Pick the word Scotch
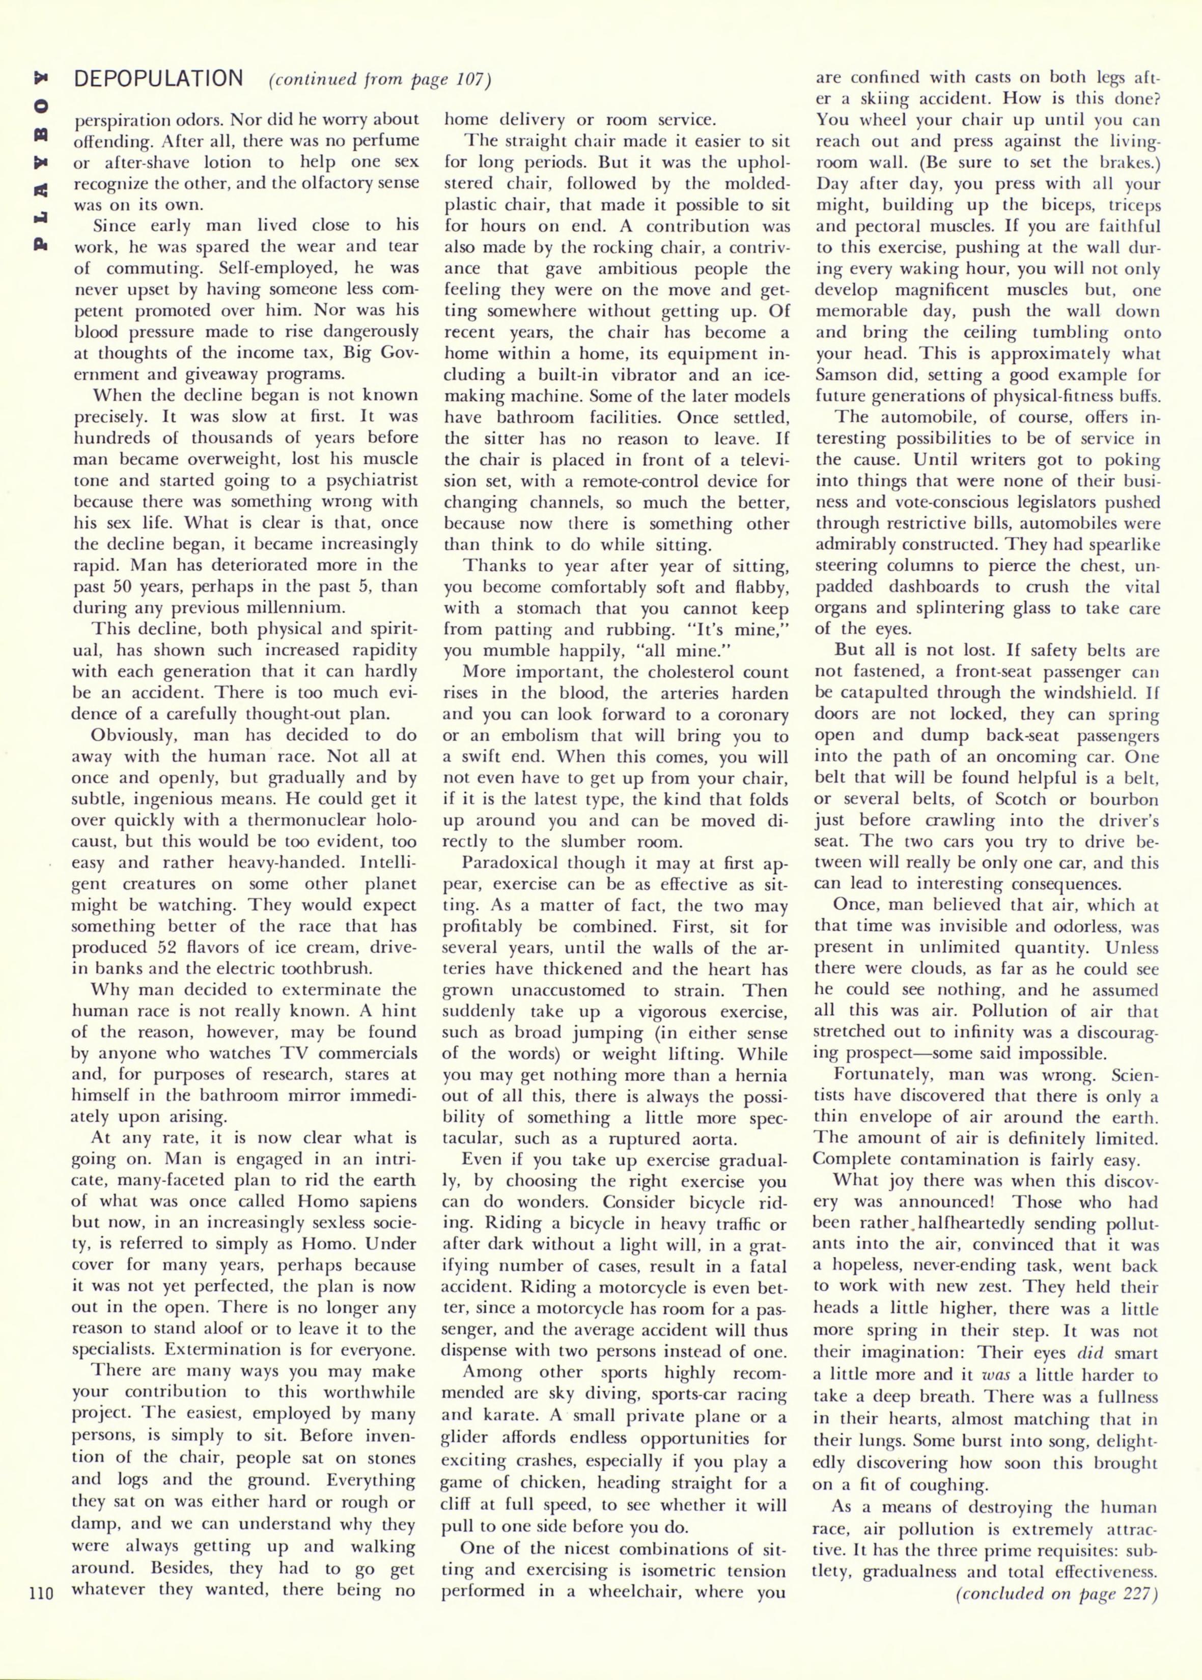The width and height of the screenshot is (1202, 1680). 1020,799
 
